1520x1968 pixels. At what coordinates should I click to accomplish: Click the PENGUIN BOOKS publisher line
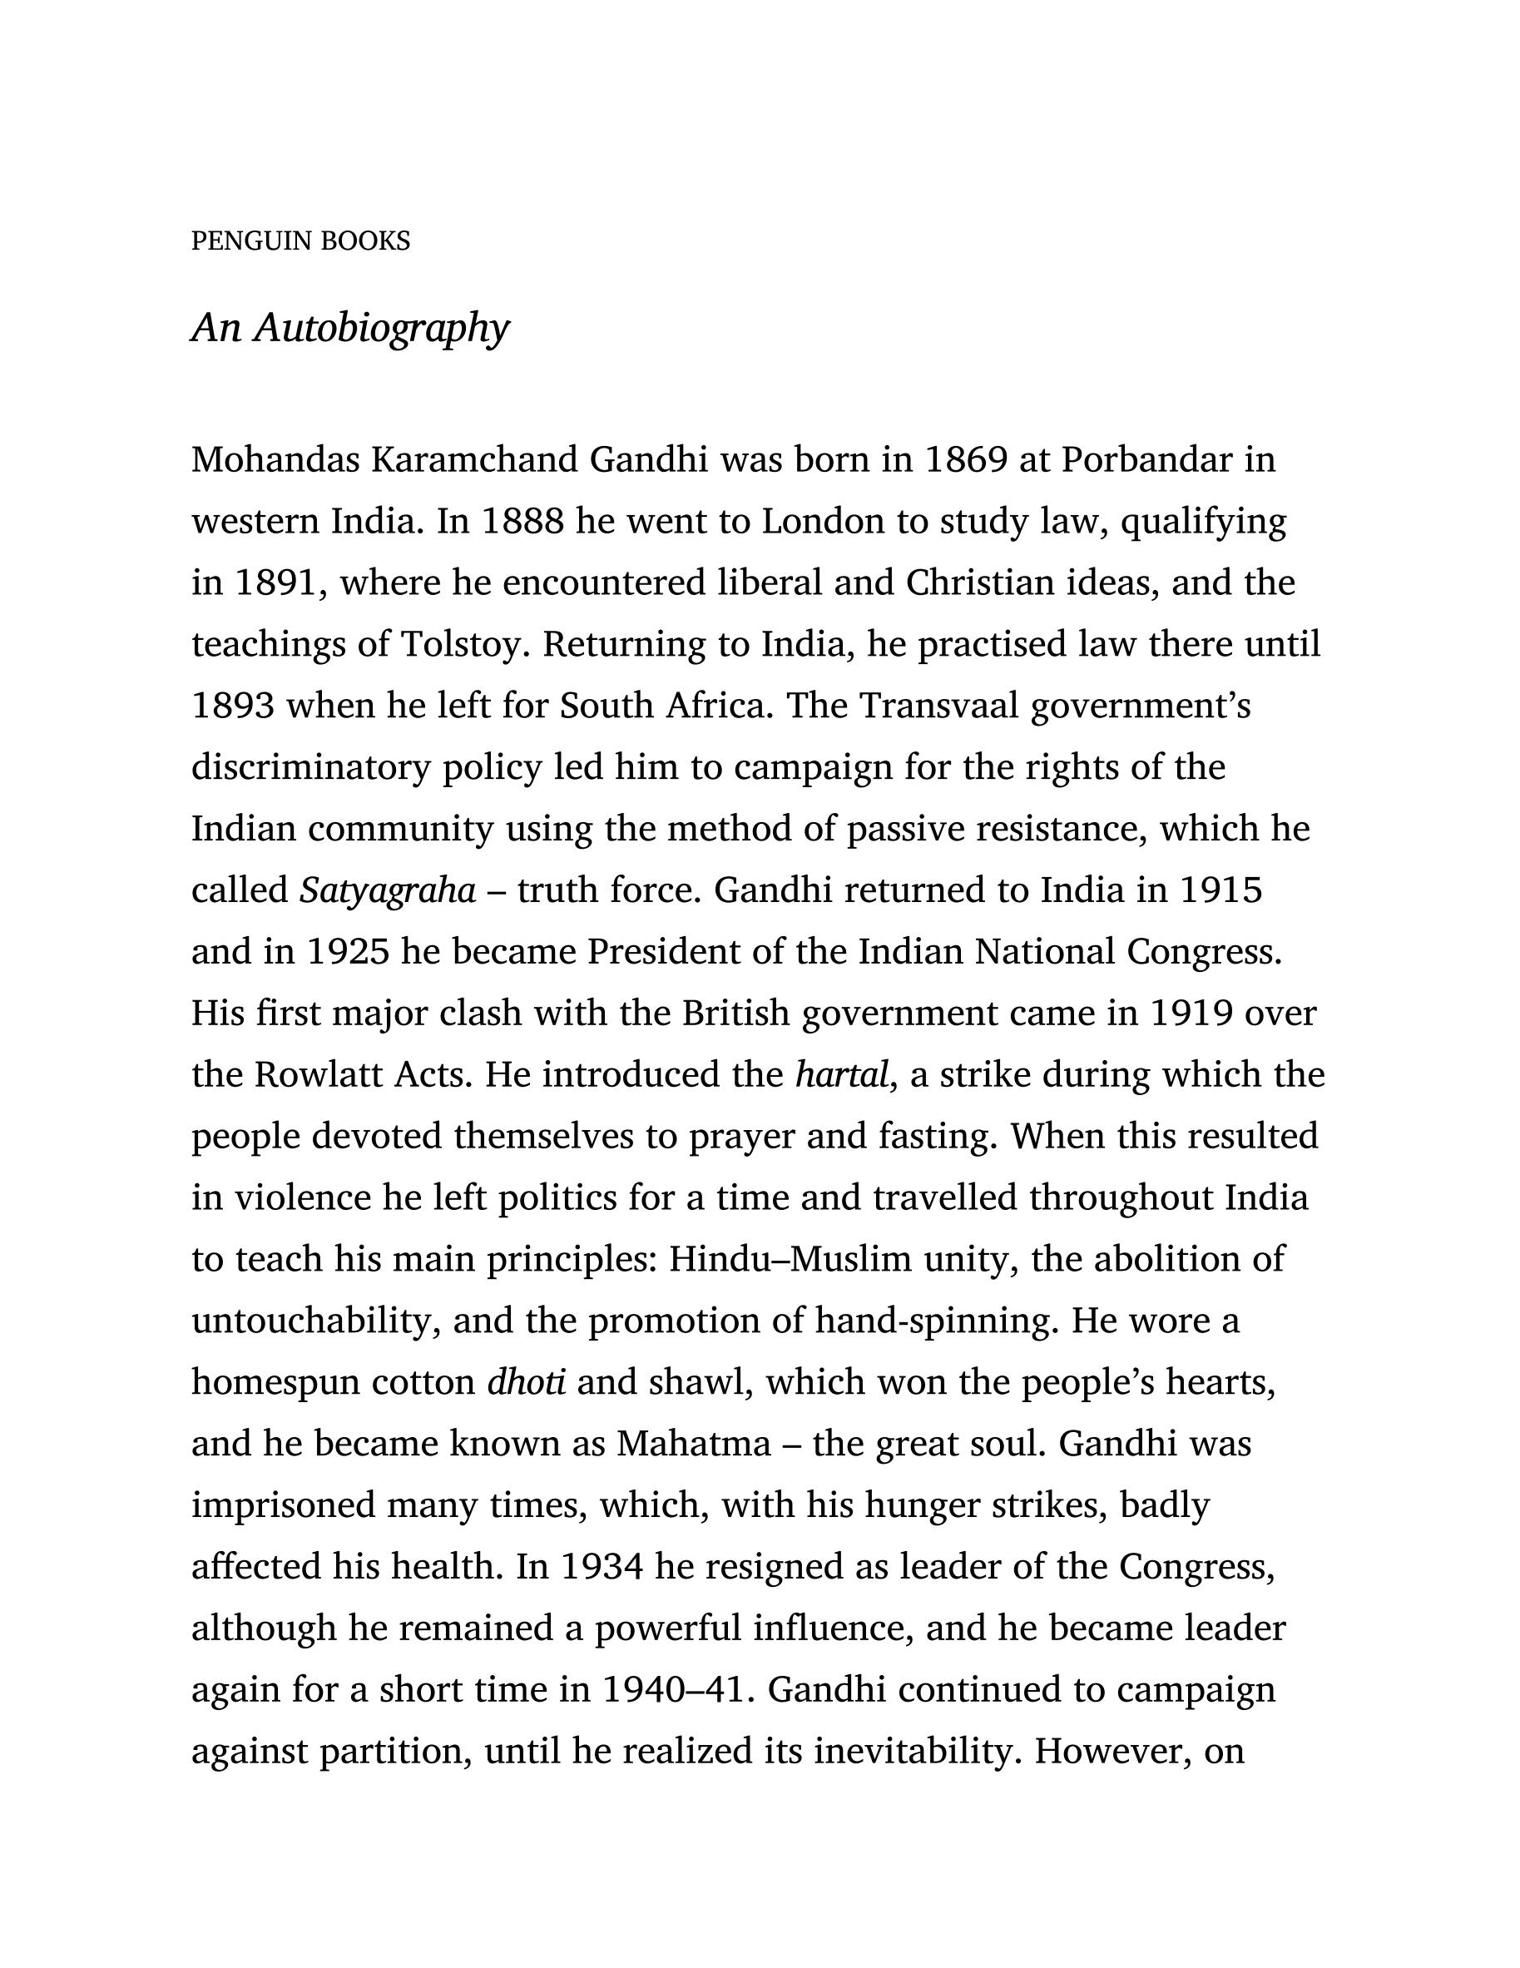click(300, 241)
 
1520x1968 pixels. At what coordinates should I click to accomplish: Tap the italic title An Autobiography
click(349, 327)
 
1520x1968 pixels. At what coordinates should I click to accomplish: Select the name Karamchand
click(474, 460)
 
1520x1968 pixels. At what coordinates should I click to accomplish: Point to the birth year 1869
click(965, 460)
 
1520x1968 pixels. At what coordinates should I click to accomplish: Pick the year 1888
click(522, 522)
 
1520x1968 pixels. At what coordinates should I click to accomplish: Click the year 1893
click(232, 706)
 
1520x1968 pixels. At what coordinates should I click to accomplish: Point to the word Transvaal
click(938, 706)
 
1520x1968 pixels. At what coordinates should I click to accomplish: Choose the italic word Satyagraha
click(388, 891)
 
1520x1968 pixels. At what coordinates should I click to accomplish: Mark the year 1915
click(1220, 891)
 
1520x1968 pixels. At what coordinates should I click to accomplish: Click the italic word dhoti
click(526, 1382)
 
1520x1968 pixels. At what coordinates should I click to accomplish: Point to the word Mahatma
click(693, 1445)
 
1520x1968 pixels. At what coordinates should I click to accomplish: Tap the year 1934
click(601, 1567)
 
